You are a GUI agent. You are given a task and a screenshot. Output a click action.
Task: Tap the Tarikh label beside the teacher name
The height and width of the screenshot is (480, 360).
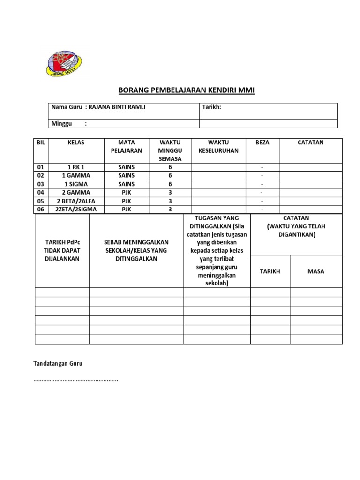[211, 107]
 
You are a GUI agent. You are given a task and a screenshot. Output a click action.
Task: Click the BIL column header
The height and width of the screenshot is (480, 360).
[40, 142]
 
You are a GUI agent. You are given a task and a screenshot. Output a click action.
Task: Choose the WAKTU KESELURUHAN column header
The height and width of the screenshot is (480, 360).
[218, 146]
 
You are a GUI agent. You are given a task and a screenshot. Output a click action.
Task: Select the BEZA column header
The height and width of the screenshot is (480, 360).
[262, 142]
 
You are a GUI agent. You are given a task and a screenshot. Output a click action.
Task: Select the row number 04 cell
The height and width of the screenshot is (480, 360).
[40, 193]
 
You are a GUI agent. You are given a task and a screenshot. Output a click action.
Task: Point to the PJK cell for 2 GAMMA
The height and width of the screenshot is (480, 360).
[126, 193]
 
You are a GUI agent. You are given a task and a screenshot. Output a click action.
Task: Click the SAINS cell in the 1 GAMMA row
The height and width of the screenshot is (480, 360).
[126, 176]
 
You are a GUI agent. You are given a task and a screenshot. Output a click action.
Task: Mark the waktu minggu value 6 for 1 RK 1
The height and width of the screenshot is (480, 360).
[170, 167]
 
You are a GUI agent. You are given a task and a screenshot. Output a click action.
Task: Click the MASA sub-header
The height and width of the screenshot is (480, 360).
[316, 271]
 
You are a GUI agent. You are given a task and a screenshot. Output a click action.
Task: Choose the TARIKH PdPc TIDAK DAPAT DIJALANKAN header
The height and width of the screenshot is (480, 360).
[62, 250]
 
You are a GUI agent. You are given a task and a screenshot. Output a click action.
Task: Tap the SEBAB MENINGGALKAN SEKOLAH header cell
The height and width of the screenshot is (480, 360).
[136, 250]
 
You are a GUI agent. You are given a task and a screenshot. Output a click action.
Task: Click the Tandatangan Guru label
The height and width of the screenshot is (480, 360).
[58, 364]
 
